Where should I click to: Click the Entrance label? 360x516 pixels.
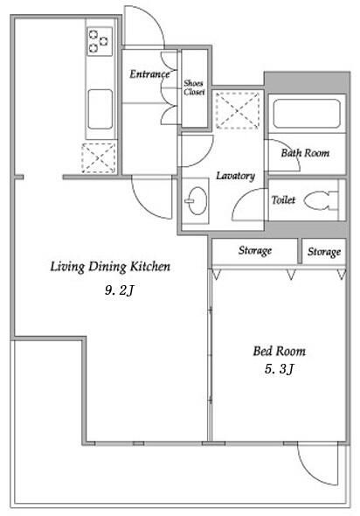pos(149,74)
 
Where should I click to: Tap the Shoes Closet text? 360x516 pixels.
pos(194,87)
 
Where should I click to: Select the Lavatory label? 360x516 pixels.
pos(235,176)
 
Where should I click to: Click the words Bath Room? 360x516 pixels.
pos(305,153)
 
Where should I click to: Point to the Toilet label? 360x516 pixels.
pos(283,199)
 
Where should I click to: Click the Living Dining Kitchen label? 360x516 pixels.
pos(110,267)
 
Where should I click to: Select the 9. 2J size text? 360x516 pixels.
pos(120,290)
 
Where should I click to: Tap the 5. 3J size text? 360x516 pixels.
pos(279,369)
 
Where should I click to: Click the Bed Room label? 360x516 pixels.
pos(279,351)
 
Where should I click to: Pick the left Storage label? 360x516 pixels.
pos(255,251)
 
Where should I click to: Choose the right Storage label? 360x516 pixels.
pos(324,252)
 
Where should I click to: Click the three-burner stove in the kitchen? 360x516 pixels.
pos(100,41)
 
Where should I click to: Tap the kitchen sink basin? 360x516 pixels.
pos(100,109)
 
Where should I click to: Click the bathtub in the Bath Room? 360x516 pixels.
pos(307,114)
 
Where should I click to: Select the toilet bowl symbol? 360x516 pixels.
pos(322,200)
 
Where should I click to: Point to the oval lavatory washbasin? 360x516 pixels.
pos(197,201)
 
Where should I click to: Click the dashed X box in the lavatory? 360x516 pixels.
pos(238,110)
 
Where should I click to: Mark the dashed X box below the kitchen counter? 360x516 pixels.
pos(99,158)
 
